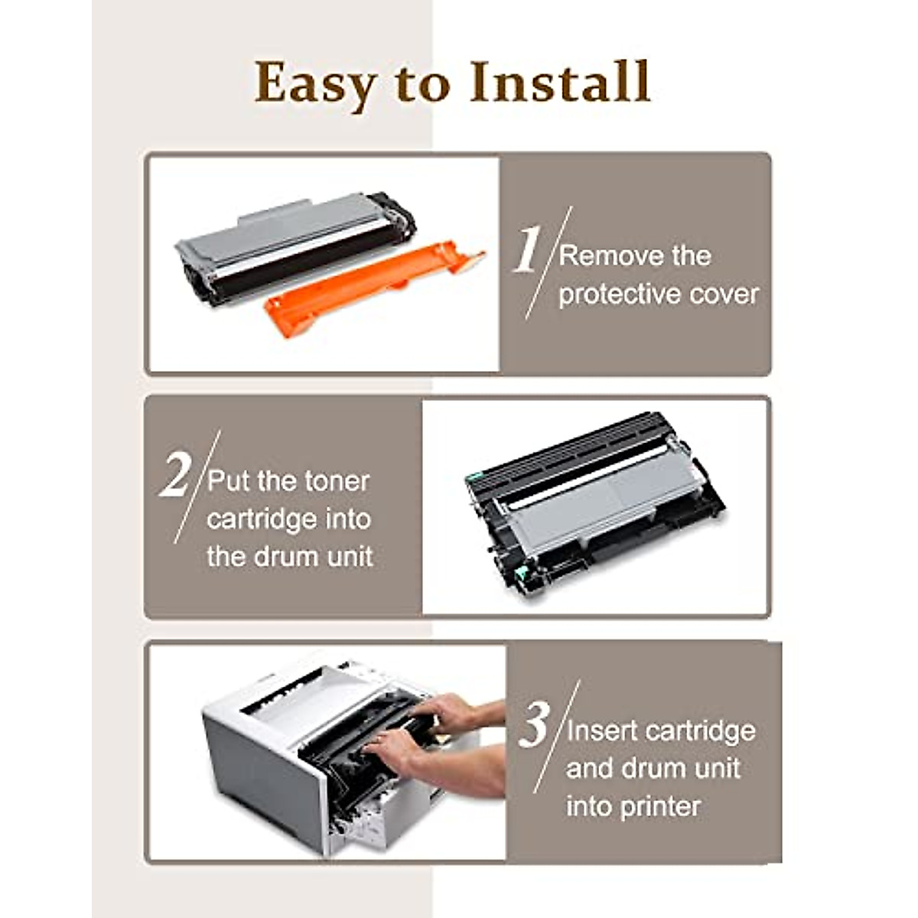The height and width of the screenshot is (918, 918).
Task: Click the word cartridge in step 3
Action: coord(700,731)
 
